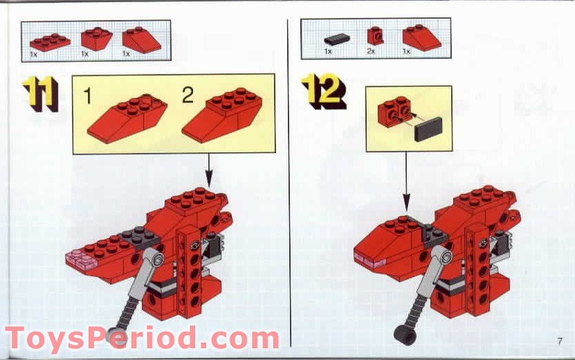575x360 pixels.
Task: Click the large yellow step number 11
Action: [x=40, y=93]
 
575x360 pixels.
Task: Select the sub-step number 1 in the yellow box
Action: [x=87, y=96]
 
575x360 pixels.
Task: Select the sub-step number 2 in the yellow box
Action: [x=188, y=96]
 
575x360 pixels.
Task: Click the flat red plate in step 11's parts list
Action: [x=50, y=41]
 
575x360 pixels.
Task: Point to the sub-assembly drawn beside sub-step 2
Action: [x=222, y=116]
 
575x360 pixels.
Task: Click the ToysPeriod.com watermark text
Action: [x=142, y=339]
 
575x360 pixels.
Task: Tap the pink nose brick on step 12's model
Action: [x=367, y=260]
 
